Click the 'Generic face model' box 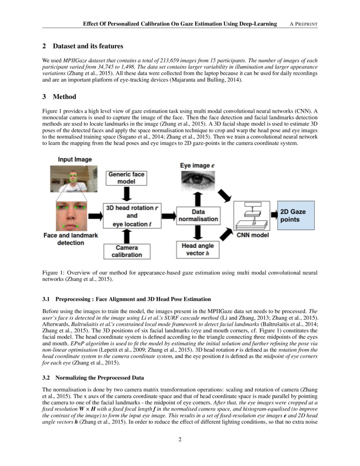point(126,178)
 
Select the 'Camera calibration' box point(126,251)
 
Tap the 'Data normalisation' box point(198,215)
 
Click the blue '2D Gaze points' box point(296,216)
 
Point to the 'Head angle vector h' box point(198,250)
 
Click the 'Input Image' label point(75,160)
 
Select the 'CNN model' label point(252,235)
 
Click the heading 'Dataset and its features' point(88,46)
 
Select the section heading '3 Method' point(59,97)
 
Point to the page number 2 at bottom point(180,439)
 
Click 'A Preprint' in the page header point(303,24)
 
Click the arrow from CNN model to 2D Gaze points point(274,216)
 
